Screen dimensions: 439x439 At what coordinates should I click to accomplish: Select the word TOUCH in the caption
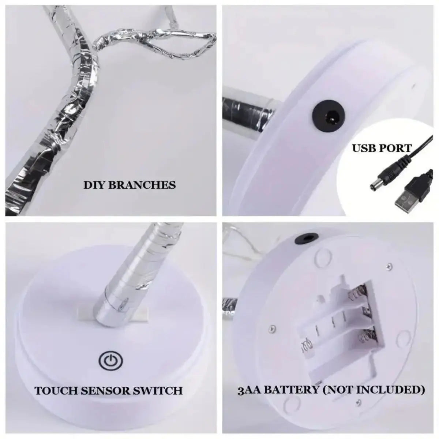point(56,390)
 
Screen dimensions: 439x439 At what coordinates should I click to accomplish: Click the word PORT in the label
point(397,149)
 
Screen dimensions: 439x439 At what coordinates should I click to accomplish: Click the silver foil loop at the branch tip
point(190,46)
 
